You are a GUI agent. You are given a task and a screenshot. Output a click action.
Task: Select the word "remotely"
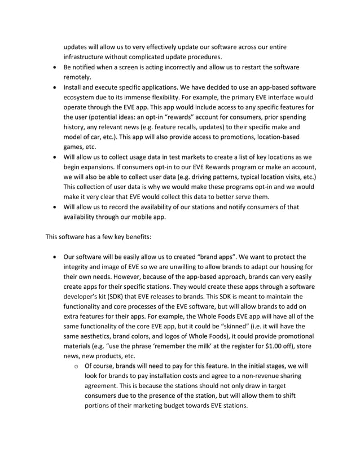78,78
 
